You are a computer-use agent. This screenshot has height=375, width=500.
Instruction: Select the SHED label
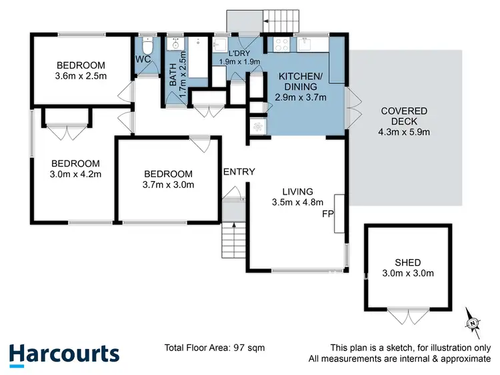click(407, 262)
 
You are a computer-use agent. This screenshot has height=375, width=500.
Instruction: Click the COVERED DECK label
click(404, 111)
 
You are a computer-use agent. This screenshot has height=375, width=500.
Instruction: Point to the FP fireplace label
click(327, 214)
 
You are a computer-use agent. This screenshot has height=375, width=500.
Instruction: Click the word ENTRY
click(239, 172)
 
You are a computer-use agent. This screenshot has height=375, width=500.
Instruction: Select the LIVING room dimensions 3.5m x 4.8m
click(297, 202)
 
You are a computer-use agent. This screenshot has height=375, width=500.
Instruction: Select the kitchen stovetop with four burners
click(281, 45)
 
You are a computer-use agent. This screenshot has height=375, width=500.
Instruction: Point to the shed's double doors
click(407, 316)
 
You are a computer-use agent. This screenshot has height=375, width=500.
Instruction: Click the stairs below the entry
click(233, 241)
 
